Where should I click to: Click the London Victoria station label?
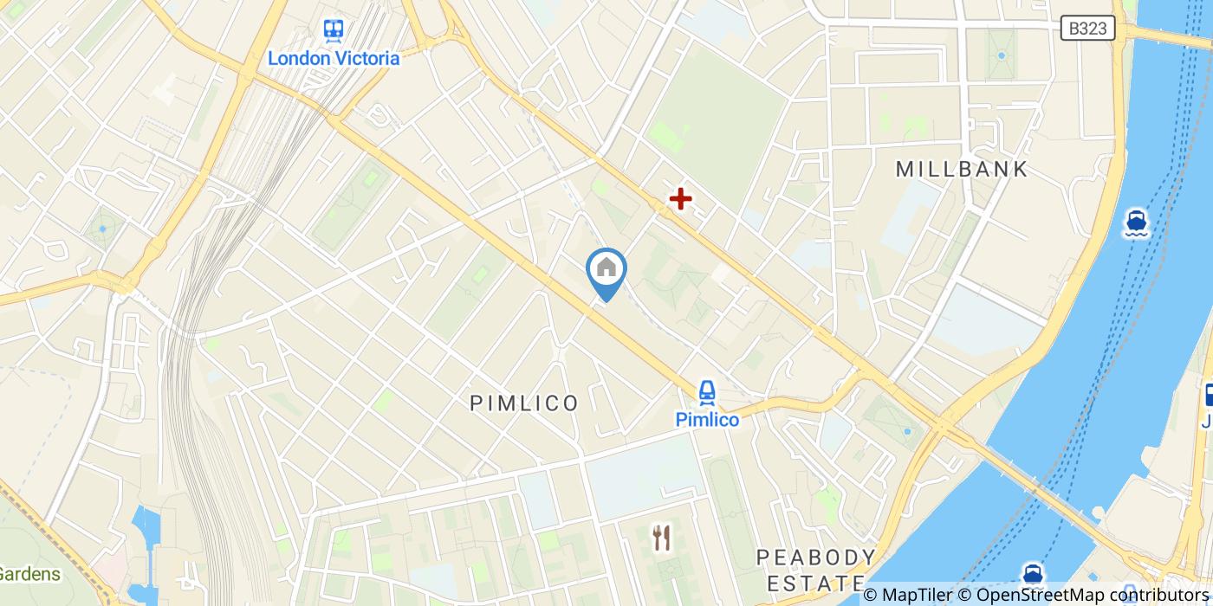[x=334, y=59]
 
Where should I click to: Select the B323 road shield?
[x=1087, y=29]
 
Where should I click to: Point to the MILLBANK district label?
[x=962, y=169]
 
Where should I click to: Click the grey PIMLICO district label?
[x=524, y=403]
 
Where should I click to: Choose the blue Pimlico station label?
[x=708, y=420]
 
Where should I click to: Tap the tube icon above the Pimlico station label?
[x=707, y=394]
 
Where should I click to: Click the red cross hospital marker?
[x=681, y=200]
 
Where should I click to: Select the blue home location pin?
[x=606, y=269]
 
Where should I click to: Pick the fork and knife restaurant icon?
[x=662, y=538]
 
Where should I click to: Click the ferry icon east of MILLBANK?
[x=1137, y=222]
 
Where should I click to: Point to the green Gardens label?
[x=30, y=573]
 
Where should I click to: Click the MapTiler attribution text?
[x=906, y=595]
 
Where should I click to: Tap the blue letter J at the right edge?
[x=1207, y=422]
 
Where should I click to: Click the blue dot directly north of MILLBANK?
[x=1002, y=55]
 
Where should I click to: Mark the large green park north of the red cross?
[x=719, y=121]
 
